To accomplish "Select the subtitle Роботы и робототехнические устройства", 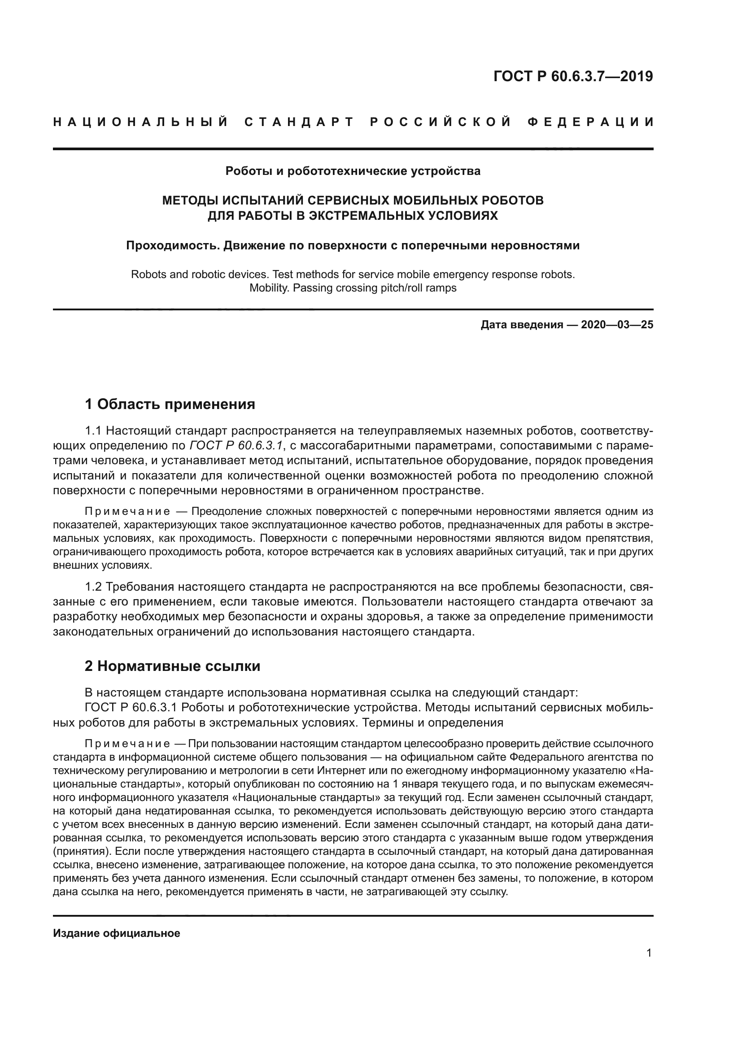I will [353, 171].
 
